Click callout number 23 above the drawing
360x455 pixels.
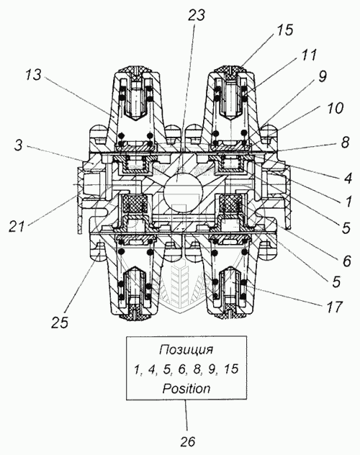click(x=196, y=15)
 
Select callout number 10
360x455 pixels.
click(x=335, y=108)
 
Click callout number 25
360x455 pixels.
click(x=60, y=322)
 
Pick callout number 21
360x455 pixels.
click(x=17, y=226)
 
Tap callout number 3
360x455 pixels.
click(x=18, y=145)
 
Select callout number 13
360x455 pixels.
click(x=33, y=75)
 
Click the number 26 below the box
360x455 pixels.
click(x=187, y=441)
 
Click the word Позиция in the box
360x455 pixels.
click(x=186, y=350)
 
